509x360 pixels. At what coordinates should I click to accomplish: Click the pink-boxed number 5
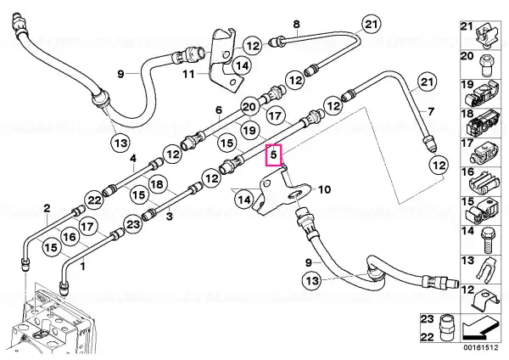coord(274,155)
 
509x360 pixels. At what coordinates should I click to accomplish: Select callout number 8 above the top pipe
coord(296,24)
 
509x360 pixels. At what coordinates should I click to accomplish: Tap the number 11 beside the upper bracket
coord(188,75)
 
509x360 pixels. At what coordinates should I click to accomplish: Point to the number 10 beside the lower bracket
coord(325,189)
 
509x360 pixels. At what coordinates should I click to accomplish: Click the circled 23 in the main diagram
coord(133,224)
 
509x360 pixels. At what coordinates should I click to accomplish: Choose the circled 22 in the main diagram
coord(94,200)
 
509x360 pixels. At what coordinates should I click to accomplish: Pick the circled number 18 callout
coord(158,184)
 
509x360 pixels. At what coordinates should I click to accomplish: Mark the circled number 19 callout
coord(249,130)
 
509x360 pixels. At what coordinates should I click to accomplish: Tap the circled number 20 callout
coord(249,107)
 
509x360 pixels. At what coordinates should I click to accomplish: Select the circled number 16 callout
coord(70,237)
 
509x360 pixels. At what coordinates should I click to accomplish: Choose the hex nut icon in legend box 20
coord(485,65)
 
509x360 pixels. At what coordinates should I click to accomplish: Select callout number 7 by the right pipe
coord(431,112)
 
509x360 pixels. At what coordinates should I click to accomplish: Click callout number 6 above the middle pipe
coord(219,110)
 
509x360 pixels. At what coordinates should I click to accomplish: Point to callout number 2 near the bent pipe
coord(47,208)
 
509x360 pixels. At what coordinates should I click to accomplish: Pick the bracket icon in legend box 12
coord(485,300)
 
